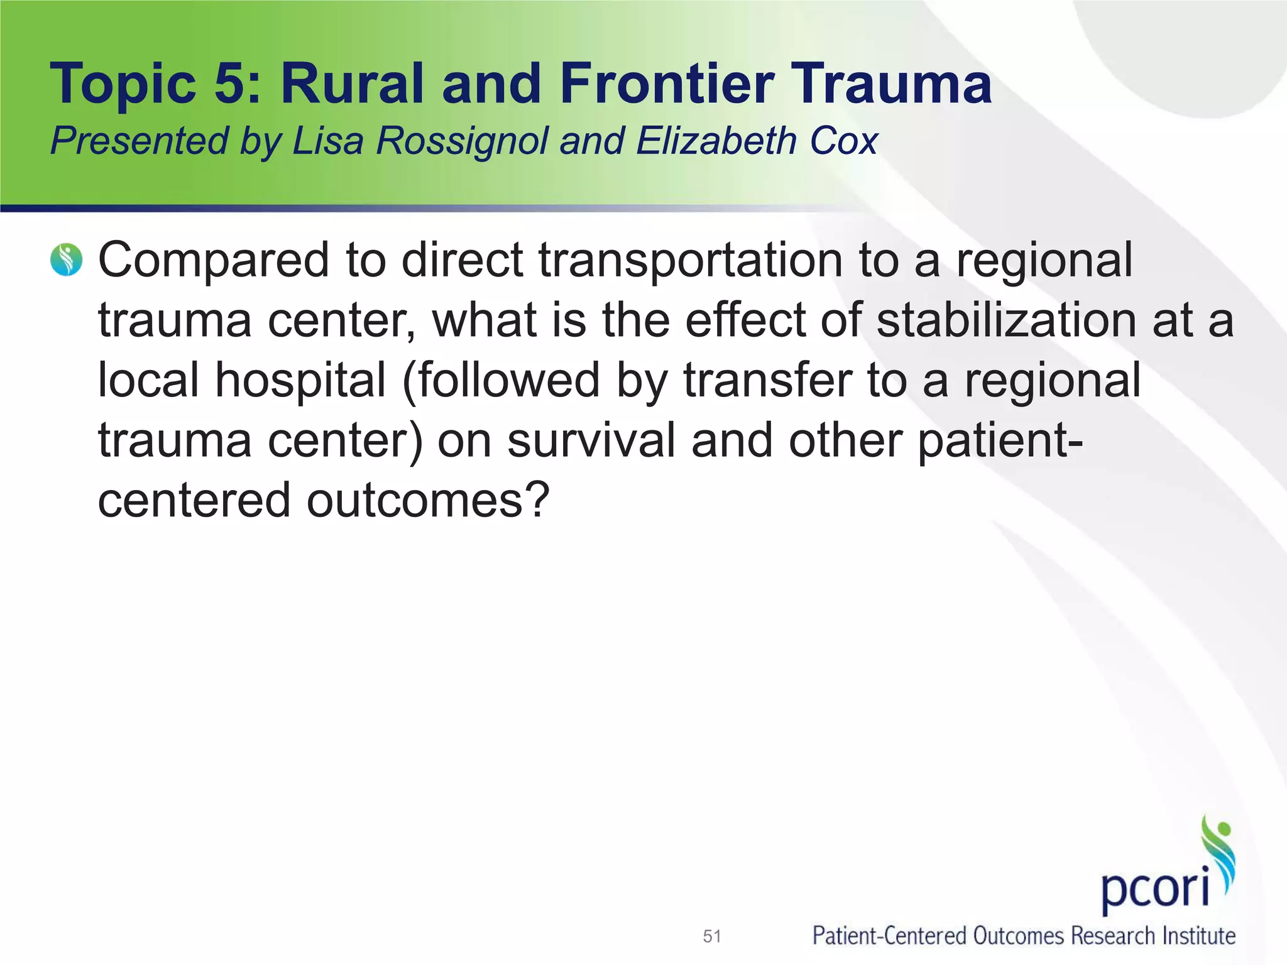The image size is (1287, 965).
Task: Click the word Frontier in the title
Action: [x=667, y=84]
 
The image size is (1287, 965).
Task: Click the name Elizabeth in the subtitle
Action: [x=717, y=141]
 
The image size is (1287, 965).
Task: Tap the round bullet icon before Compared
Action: [x=67, y=260]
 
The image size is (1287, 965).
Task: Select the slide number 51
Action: [x=711, y=936]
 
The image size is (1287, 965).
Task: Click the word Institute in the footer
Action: [x=1198, y=935]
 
